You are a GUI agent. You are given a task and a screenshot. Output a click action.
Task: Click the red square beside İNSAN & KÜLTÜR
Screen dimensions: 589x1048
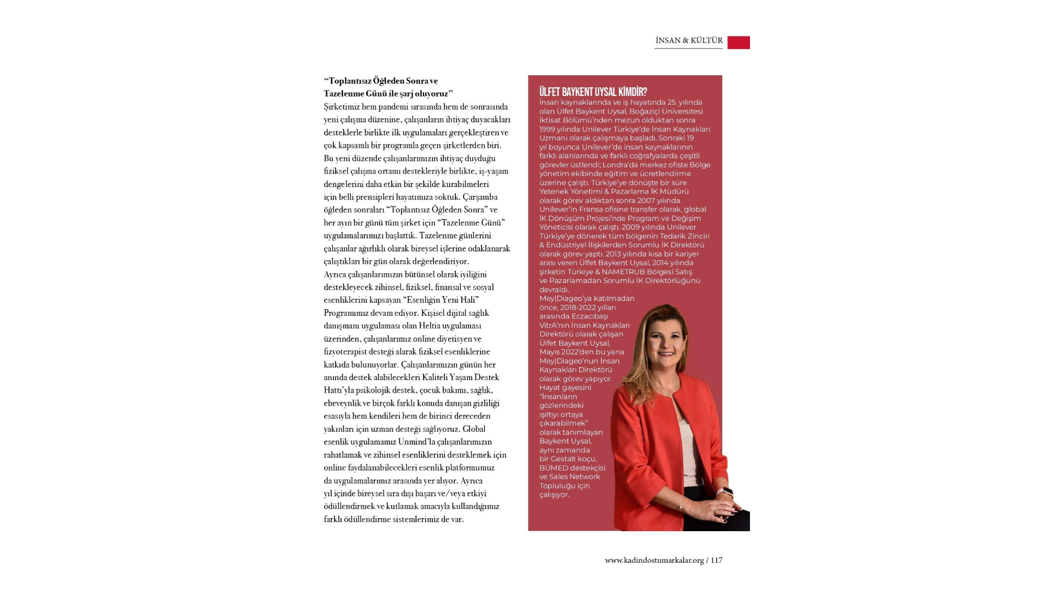(x=739, y=43)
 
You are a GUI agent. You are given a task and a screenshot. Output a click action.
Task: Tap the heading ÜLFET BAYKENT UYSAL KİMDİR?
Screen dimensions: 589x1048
(x=593, y=92)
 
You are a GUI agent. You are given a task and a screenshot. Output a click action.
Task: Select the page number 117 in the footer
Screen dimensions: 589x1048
(x=716, y=560)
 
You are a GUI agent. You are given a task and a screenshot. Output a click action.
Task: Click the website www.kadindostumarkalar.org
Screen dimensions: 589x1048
(x=654, y=560)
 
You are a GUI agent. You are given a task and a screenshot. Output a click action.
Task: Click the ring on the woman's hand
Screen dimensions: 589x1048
(x=717, y=512)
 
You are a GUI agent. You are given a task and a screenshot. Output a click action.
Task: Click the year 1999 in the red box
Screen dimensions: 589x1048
(x=547, y=129)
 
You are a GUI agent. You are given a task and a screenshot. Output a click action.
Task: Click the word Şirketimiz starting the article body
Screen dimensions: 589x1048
(x=342, y=107)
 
